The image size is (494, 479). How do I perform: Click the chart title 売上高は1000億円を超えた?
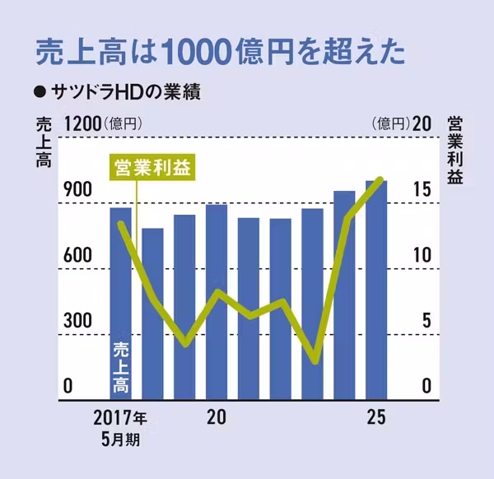220,50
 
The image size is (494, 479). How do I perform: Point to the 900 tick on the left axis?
78,189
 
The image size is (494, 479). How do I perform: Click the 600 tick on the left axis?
78,255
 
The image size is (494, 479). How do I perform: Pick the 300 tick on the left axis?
78,321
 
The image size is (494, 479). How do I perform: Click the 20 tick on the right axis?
422,124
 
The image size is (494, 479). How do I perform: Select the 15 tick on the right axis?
422,189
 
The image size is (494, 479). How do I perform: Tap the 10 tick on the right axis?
422,255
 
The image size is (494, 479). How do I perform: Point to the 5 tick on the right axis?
426,321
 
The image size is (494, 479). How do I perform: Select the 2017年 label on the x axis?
119,417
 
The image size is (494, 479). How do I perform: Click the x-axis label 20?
217,417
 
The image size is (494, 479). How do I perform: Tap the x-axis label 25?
376,417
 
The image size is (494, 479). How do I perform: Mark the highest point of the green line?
380,179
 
